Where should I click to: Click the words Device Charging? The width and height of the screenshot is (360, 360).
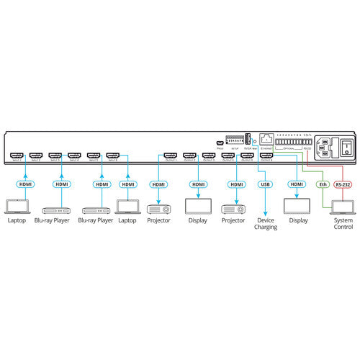pos(265,224)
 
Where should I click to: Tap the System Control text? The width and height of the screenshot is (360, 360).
pos(343,224)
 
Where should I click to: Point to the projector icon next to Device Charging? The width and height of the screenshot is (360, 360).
pos(235,210)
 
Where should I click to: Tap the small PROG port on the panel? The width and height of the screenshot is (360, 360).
pos(220,142)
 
